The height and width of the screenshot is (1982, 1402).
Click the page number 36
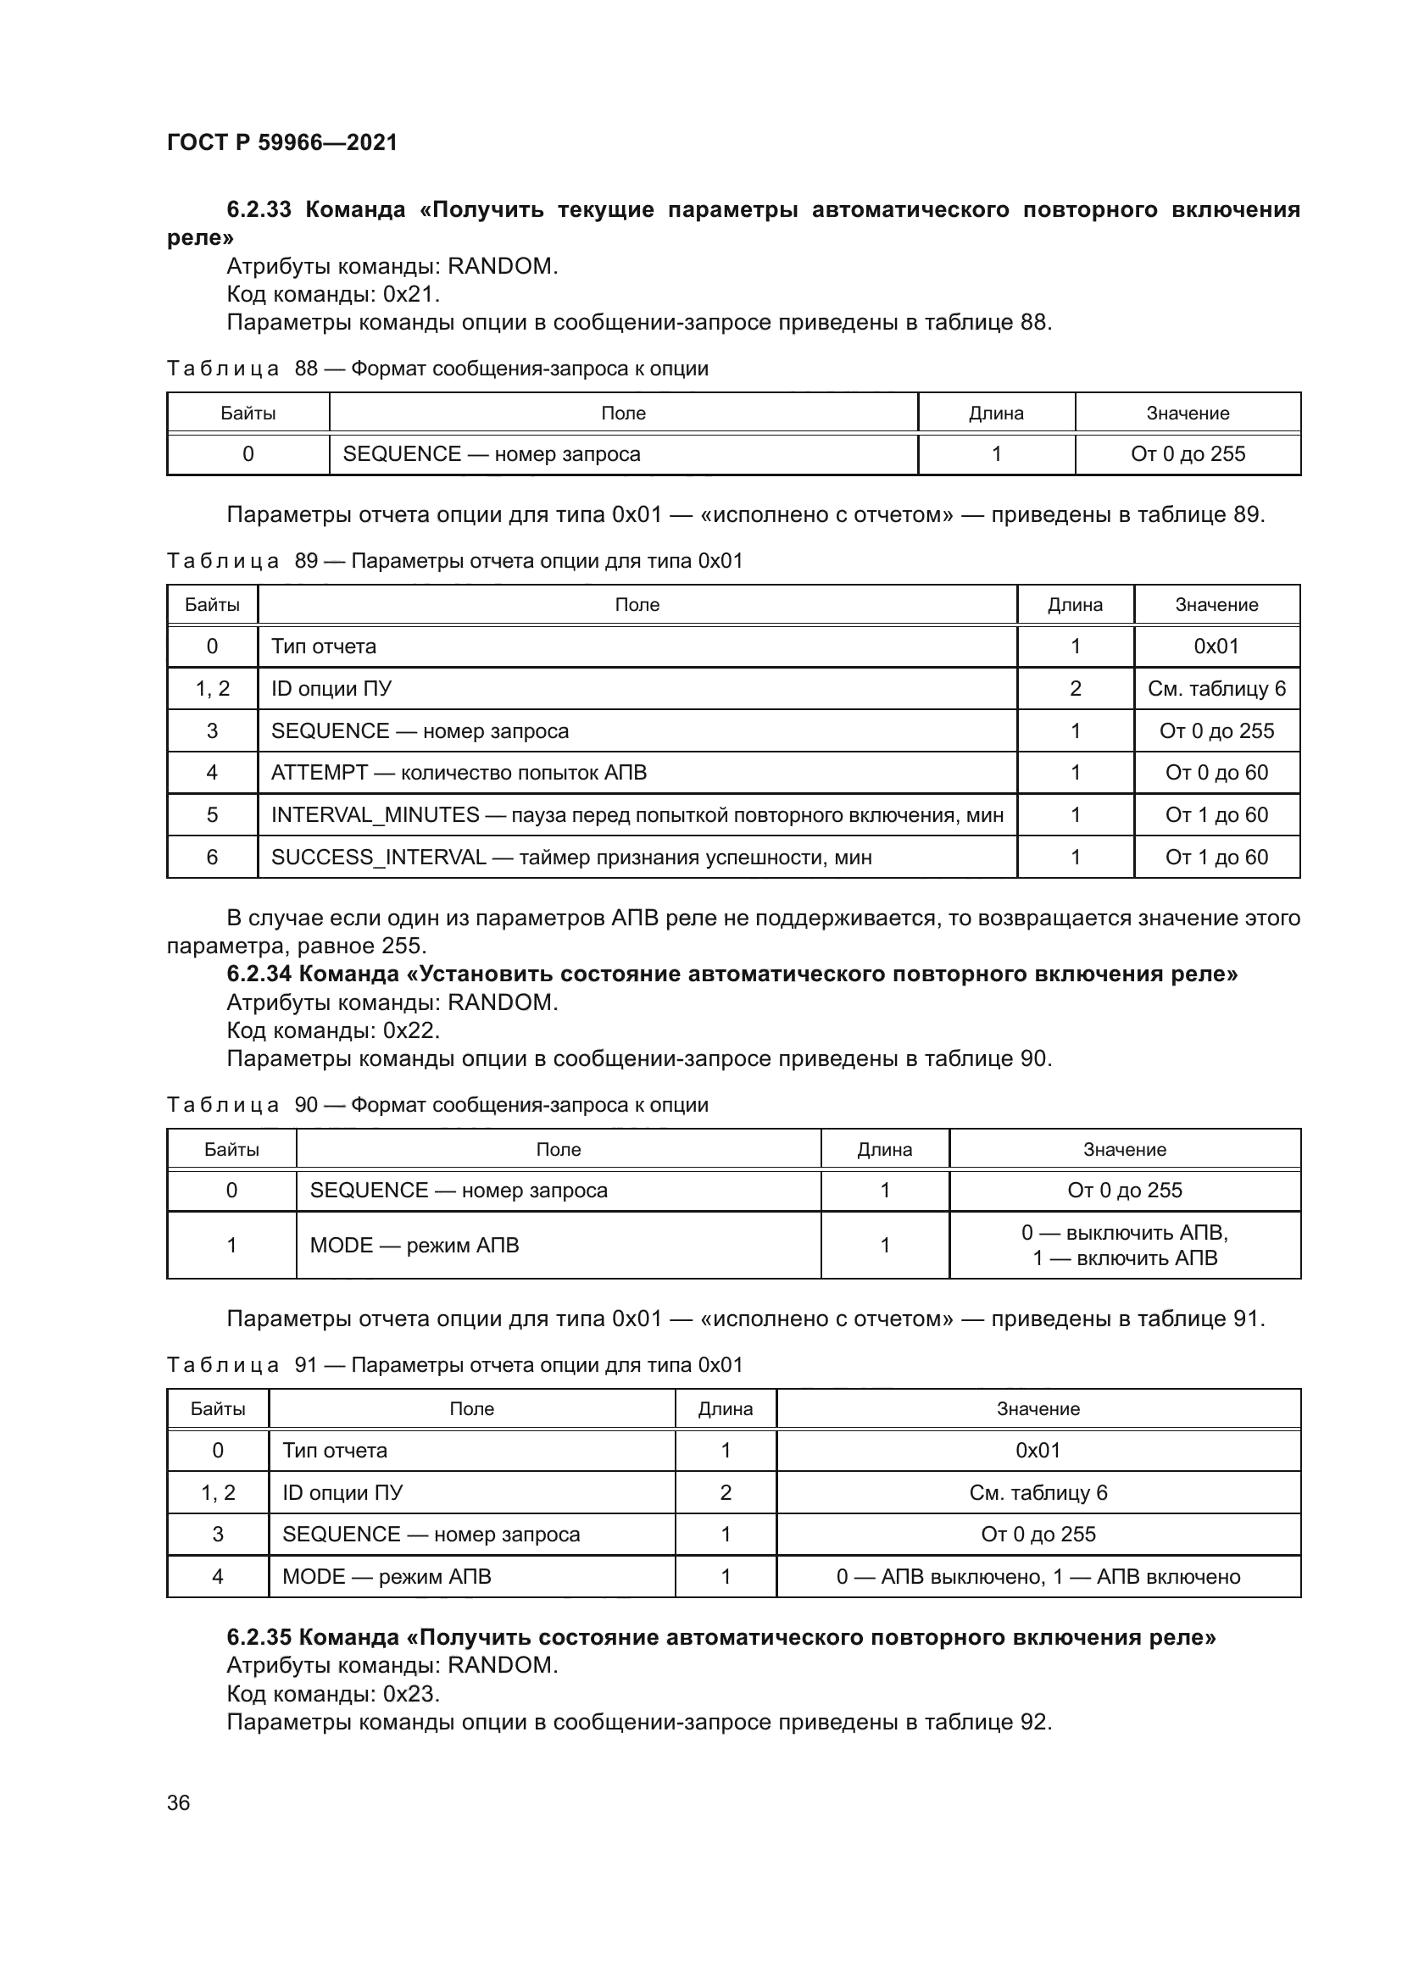[x=178, y=1802]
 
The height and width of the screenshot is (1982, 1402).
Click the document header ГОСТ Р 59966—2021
[x=282, y=142]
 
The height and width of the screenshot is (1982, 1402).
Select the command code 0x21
[x=410, y=294]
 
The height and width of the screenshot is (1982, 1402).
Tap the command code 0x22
[x=410, y=1030]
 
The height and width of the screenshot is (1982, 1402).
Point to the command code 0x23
[x=410, y=1694]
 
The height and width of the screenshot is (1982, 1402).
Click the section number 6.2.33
[x=259, y=210]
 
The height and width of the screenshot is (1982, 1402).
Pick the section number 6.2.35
[x=259, y=1638]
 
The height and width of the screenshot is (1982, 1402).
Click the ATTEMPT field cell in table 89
[x=459, y=773]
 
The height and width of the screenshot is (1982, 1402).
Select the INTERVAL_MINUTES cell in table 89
[x=637, y=815]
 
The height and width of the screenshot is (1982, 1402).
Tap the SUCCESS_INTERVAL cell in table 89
[x=571, y=858]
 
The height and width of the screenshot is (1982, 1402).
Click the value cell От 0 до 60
[x=1216, y=773]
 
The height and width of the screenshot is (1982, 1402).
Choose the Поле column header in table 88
[x=623, y=414]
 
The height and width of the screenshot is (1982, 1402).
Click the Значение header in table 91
[x=1038, y=1409]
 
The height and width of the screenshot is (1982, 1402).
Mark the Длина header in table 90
[x=885, y=1150]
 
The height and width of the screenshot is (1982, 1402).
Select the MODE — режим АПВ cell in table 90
[x=414, y=1246]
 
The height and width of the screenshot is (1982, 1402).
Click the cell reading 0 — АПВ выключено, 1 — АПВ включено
[x=1038, y=1577]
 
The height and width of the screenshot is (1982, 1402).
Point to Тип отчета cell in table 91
[x=335, y=1450]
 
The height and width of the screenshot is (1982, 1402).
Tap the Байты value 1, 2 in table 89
[x=213, y=689]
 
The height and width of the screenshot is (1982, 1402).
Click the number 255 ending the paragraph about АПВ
[x=403, y=947]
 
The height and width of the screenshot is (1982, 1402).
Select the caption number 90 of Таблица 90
[x=307, y=1106]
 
